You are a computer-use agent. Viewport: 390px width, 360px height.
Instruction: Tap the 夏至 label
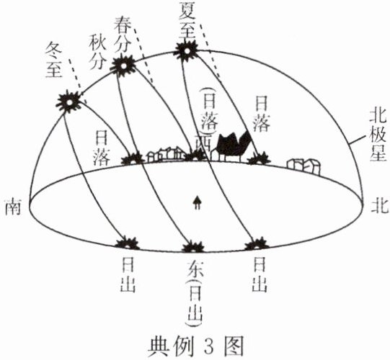click(187, 19)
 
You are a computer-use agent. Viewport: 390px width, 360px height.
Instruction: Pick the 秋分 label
click(98, 52)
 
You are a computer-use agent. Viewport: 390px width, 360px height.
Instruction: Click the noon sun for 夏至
click(187, 51)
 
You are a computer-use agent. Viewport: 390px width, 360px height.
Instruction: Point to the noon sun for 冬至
click(69, 101)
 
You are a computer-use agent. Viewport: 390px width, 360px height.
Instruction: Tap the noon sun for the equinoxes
click(123, 66)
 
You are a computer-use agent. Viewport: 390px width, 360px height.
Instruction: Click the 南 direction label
click(13, 206)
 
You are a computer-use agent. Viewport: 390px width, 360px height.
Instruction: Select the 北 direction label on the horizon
click(380, 206)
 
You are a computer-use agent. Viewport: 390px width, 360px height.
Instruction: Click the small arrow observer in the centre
click(198, 203)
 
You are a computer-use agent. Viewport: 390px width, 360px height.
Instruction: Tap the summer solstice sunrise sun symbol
click(257, 244)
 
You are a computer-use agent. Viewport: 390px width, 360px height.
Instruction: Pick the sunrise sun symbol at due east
click(193, 246)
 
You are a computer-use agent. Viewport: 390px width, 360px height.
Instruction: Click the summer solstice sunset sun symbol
click(260, 159)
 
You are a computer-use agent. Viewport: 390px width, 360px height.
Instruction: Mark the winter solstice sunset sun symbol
click(133, 159)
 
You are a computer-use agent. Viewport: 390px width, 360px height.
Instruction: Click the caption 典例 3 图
click(195, 346)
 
